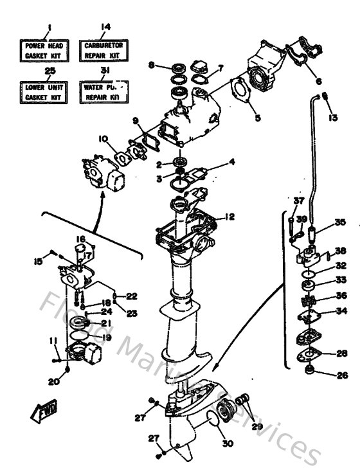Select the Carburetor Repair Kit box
coord(104,50)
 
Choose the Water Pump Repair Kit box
coord(103,89)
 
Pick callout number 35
coord(339,223)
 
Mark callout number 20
coord(55,381)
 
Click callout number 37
coord(298,201)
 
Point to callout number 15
coord(39,261)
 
